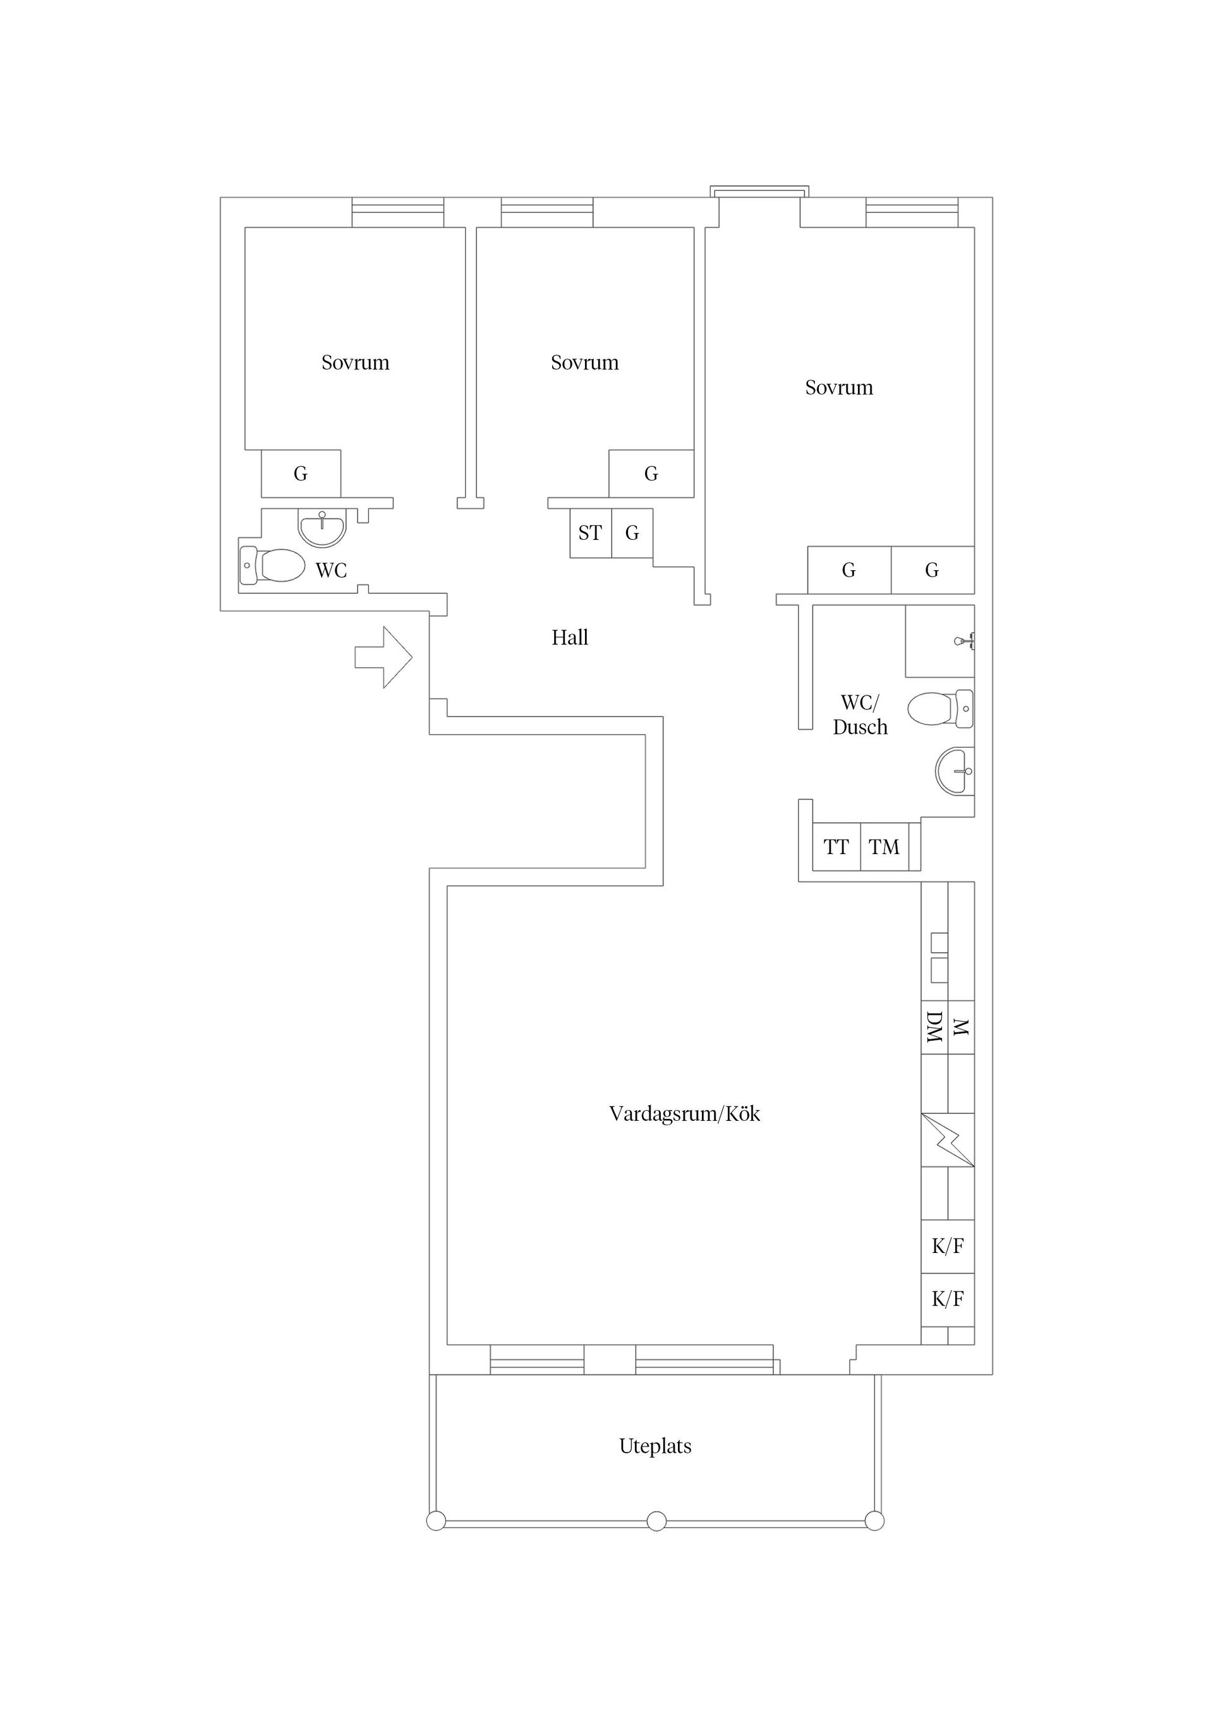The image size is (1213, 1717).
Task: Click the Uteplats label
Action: (x=655, y=1446)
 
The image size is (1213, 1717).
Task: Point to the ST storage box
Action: (x=591, y=533)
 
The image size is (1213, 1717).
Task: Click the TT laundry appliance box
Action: (x=836, y=847)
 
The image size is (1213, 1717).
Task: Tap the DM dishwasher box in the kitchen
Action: (x=934, y=1027)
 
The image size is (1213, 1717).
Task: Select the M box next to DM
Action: (x=961, y=1027)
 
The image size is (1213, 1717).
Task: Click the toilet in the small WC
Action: (x=272, y=565)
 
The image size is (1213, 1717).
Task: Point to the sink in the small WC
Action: (x=322, y=527)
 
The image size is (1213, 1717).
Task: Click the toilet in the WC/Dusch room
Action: (x=940, y=708)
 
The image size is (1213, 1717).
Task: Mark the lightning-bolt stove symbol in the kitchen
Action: (x=948, y=1140)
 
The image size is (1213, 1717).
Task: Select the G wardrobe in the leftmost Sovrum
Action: (x=301, y=474)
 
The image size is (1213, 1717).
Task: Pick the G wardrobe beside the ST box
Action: (x=632, y=533)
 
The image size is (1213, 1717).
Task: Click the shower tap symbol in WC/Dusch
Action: (x=964, y=641)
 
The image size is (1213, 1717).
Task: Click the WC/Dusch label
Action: (x=860, y=715)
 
